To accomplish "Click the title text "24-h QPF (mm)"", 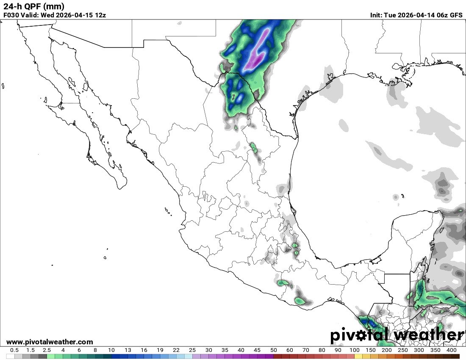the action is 34,6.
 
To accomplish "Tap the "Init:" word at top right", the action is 376,15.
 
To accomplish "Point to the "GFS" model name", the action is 456,15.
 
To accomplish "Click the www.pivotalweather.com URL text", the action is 50,342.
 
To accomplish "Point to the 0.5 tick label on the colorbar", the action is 14,350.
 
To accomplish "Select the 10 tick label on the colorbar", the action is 111,350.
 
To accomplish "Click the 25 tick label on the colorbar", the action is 192,350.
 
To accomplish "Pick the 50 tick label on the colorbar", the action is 273,350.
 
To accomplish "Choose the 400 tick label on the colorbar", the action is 452,350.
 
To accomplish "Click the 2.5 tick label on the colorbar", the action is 47,350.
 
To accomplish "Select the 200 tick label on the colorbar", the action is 387,350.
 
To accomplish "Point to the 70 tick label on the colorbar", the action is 306,350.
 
